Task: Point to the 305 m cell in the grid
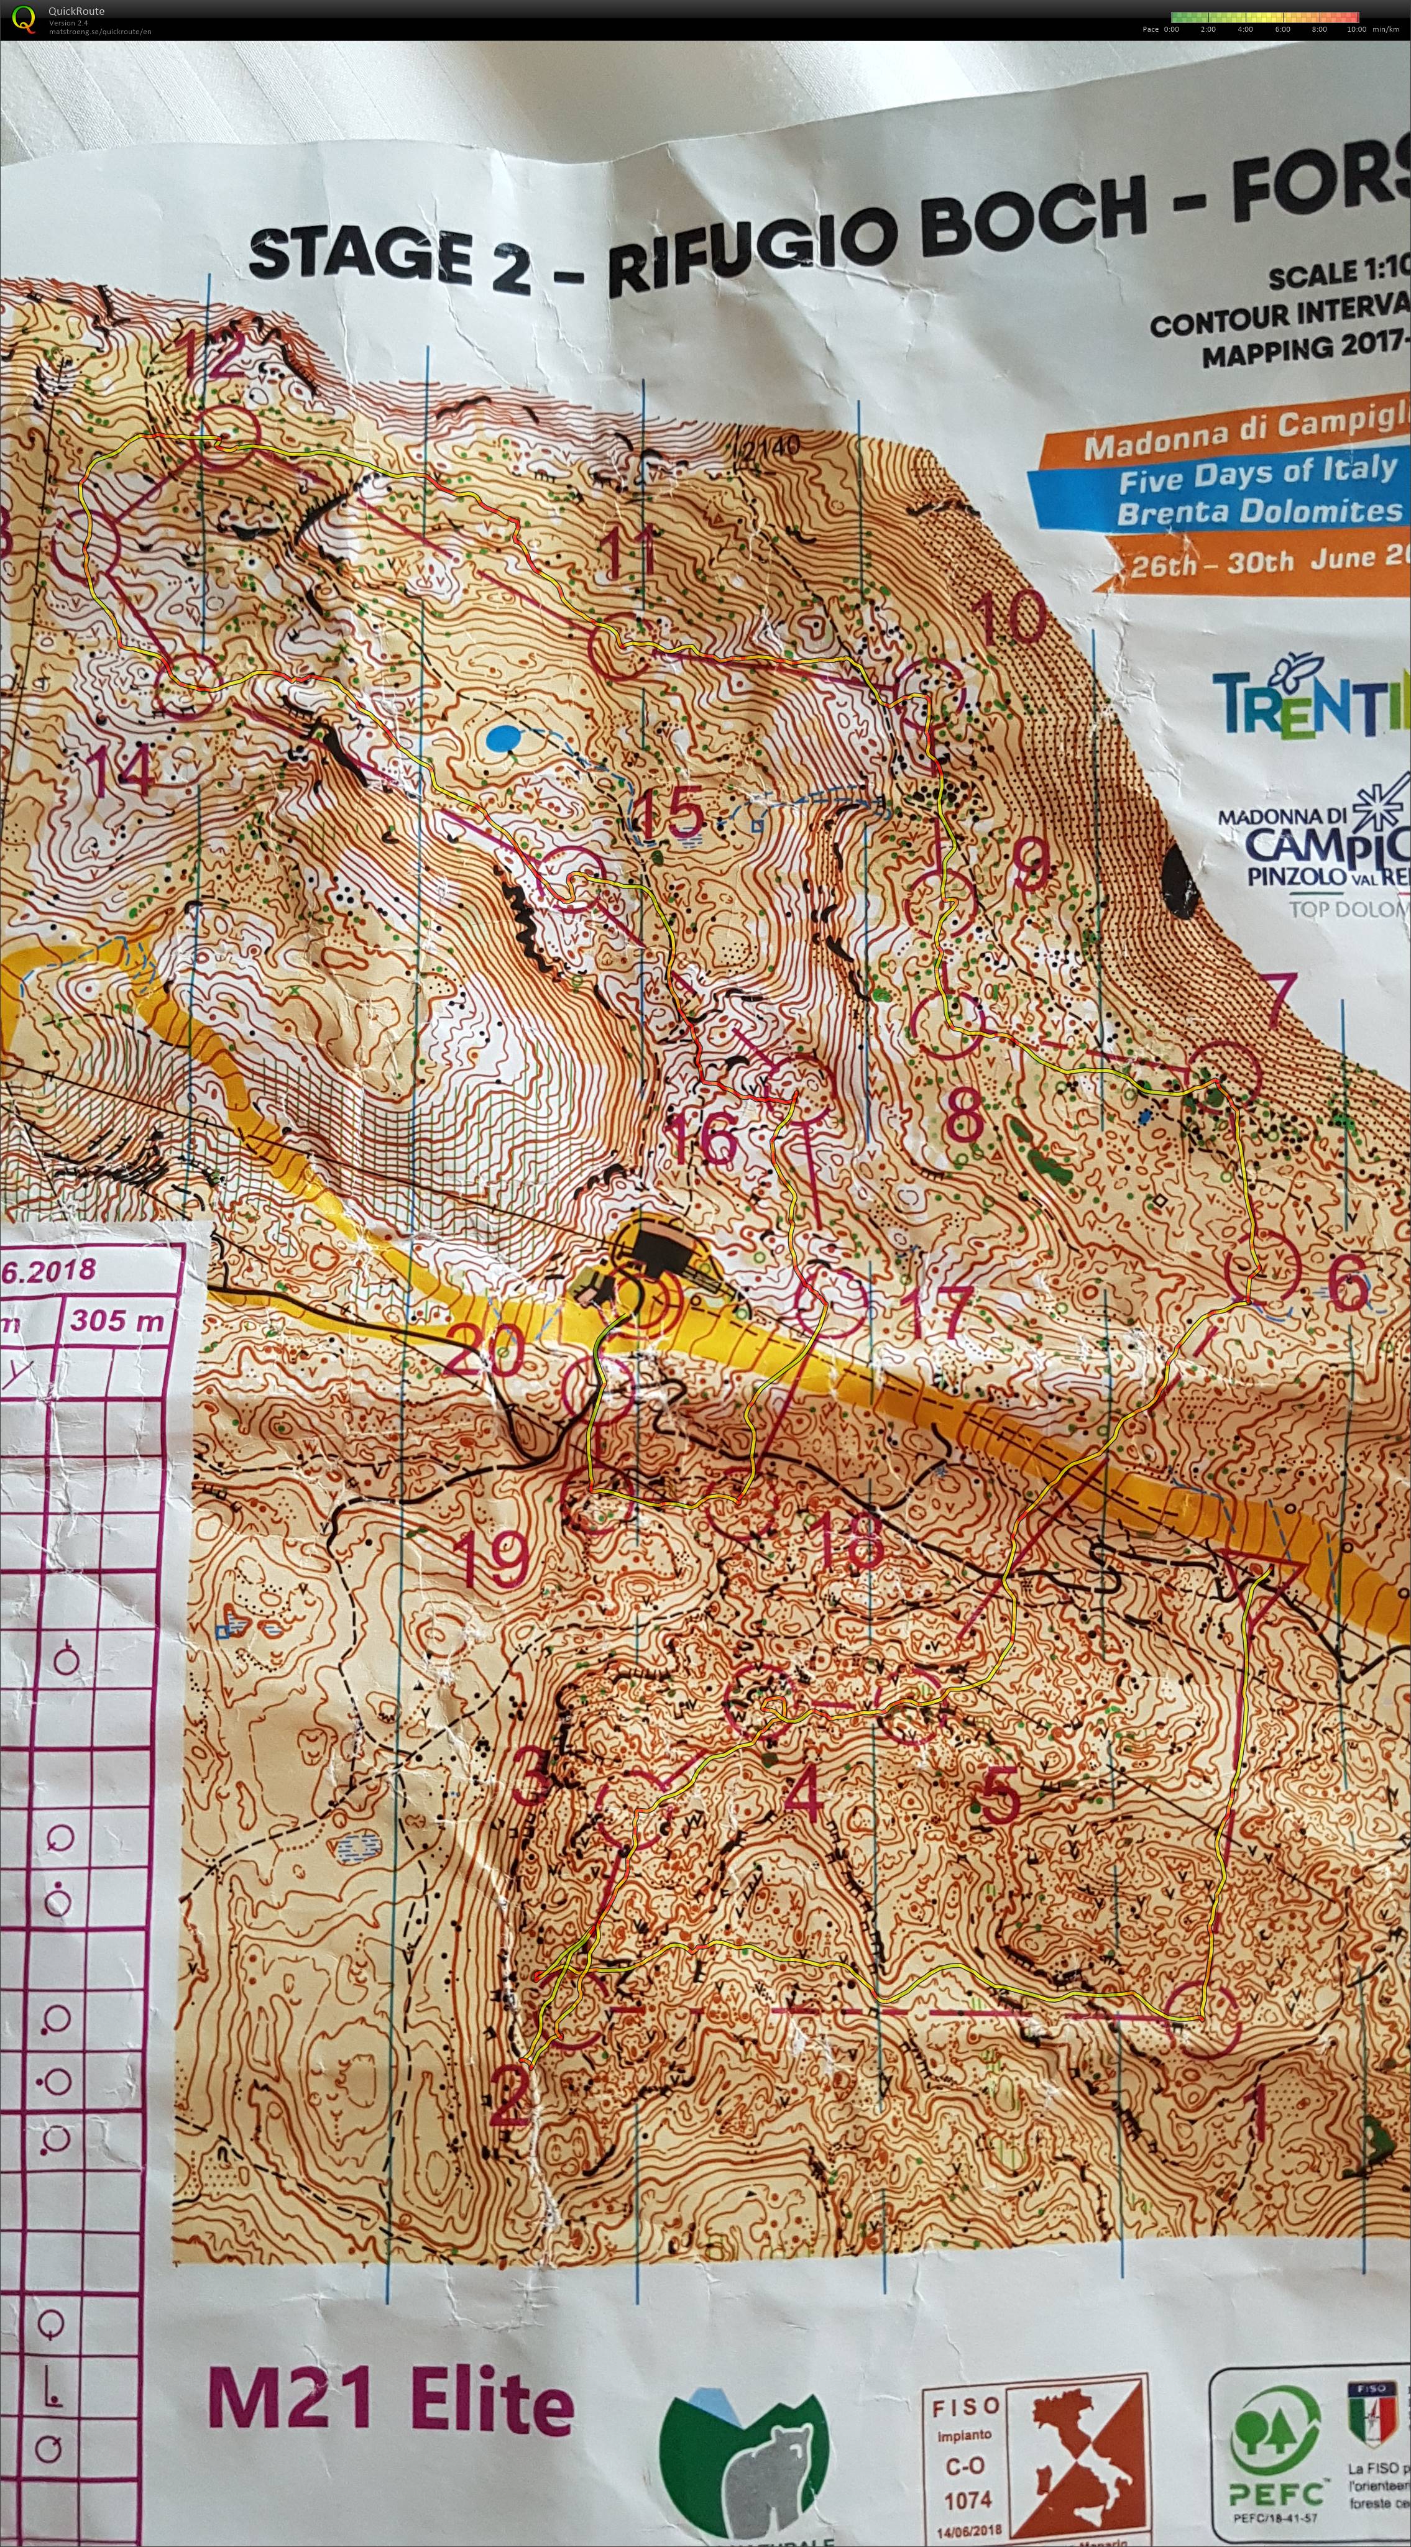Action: (117, 1319)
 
